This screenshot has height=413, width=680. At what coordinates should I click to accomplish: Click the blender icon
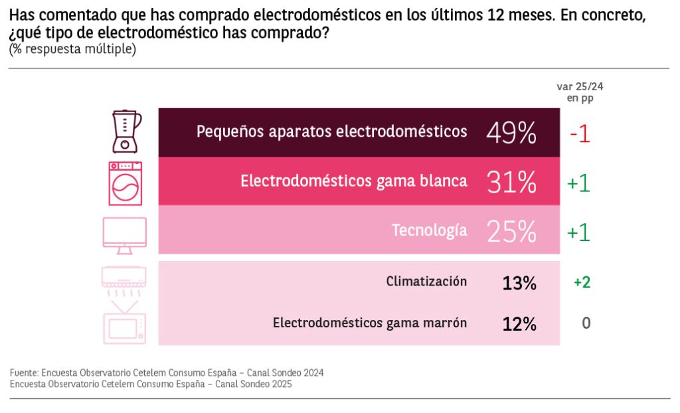pyautogui.click(x=126, y=131)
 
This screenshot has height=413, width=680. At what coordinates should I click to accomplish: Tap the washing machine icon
pyautogui.click(x=126, y=183)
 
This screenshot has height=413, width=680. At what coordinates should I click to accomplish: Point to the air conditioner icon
pyautogui.click(x=124, y=282)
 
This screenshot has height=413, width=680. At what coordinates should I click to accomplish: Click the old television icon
pyautogui.click(x=124, y=323)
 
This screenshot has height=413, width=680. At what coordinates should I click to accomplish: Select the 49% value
pyautogui.click(x=511, y=133)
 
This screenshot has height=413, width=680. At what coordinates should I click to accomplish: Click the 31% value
pyautogui.click(x=511, y=182)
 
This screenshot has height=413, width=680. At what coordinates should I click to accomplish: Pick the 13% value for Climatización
pyautogui.click(x=519, y=283)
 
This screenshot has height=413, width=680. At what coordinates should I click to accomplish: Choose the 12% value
pyautogui.click(x=519, y=324)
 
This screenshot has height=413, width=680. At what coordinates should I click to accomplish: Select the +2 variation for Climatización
pyautogui.click(x=582, y=282)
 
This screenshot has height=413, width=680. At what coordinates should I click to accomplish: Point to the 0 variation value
pyautogui.click(x=586, y=323)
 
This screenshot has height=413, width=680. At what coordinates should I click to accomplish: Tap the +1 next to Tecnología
pyautogui.click(x=579, y=232)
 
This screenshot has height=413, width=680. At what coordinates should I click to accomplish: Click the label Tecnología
pyautogui.click(x=429, y=231)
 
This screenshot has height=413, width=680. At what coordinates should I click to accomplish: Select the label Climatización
pyautogui.click(x=426, y=282)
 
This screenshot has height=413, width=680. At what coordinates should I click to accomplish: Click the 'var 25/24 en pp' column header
pyautogui.click(x=580, y=92)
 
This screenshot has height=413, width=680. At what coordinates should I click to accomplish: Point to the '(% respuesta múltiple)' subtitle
pyautogui.click(x=72, y=50)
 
